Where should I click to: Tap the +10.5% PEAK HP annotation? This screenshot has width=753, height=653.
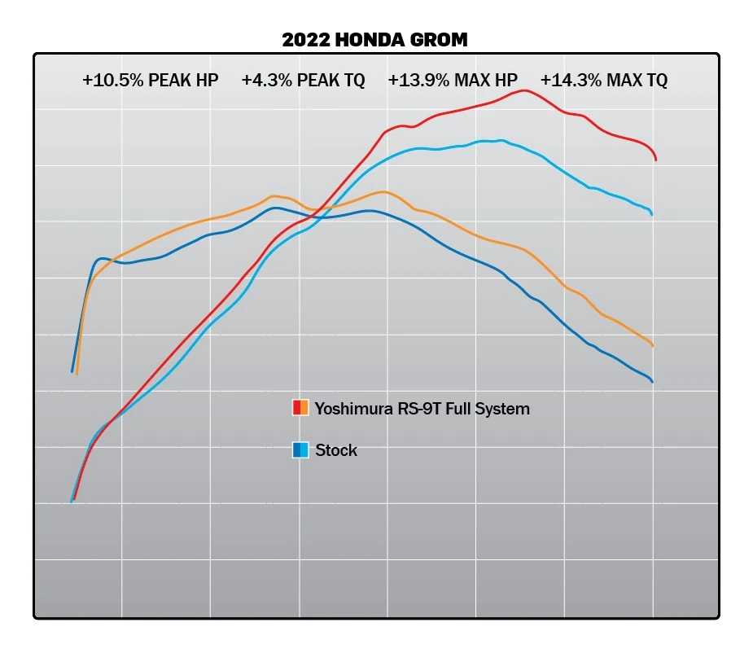coord(150,81)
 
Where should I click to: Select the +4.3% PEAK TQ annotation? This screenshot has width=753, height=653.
coord(303,81)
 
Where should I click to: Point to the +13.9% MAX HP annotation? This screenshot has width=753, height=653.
coord(453,81)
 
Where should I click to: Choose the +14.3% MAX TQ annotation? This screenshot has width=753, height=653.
coord(604,81)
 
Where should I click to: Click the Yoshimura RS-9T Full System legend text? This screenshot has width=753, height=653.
coord(422,409)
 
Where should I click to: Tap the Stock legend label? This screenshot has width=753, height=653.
coord(336,450)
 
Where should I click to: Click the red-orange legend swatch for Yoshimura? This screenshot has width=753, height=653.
coord(300,408)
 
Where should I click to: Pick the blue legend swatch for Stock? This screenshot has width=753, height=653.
coord(300,449)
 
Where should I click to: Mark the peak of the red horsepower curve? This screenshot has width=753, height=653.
coord(523,90)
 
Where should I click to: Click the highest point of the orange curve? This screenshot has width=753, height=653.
coord(383,192)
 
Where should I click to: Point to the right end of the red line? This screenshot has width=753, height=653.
coord(656,160)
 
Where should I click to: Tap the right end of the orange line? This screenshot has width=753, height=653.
coord(653,346)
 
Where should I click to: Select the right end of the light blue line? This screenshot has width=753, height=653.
coord(652,214)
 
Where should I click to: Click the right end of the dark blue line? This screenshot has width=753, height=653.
coord(652,381)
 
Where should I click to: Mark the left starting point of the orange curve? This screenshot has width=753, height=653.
coord(77,373)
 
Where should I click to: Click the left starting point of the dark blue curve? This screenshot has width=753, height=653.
coord(72,371)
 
